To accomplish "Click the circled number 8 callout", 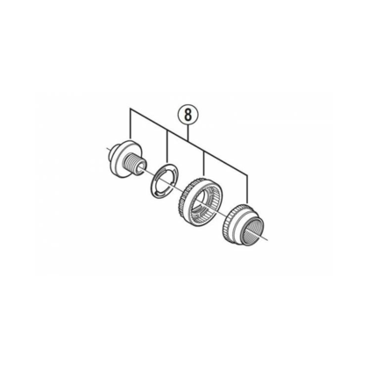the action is (188, 115).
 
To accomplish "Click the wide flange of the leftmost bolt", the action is (125, 158).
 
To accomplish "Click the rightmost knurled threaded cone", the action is (244, 224).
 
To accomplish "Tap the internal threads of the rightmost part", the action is (253, 230).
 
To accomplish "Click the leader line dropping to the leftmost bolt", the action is (131, 124).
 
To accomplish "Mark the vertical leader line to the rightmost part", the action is (248, 188).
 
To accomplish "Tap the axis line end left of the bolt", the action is (106, 148).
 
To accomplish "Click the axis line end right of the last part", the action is (268, 240).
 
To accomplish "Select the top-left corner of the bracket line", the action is (131, 110).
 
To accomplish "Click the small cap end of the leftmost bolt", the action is (111, 151).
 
